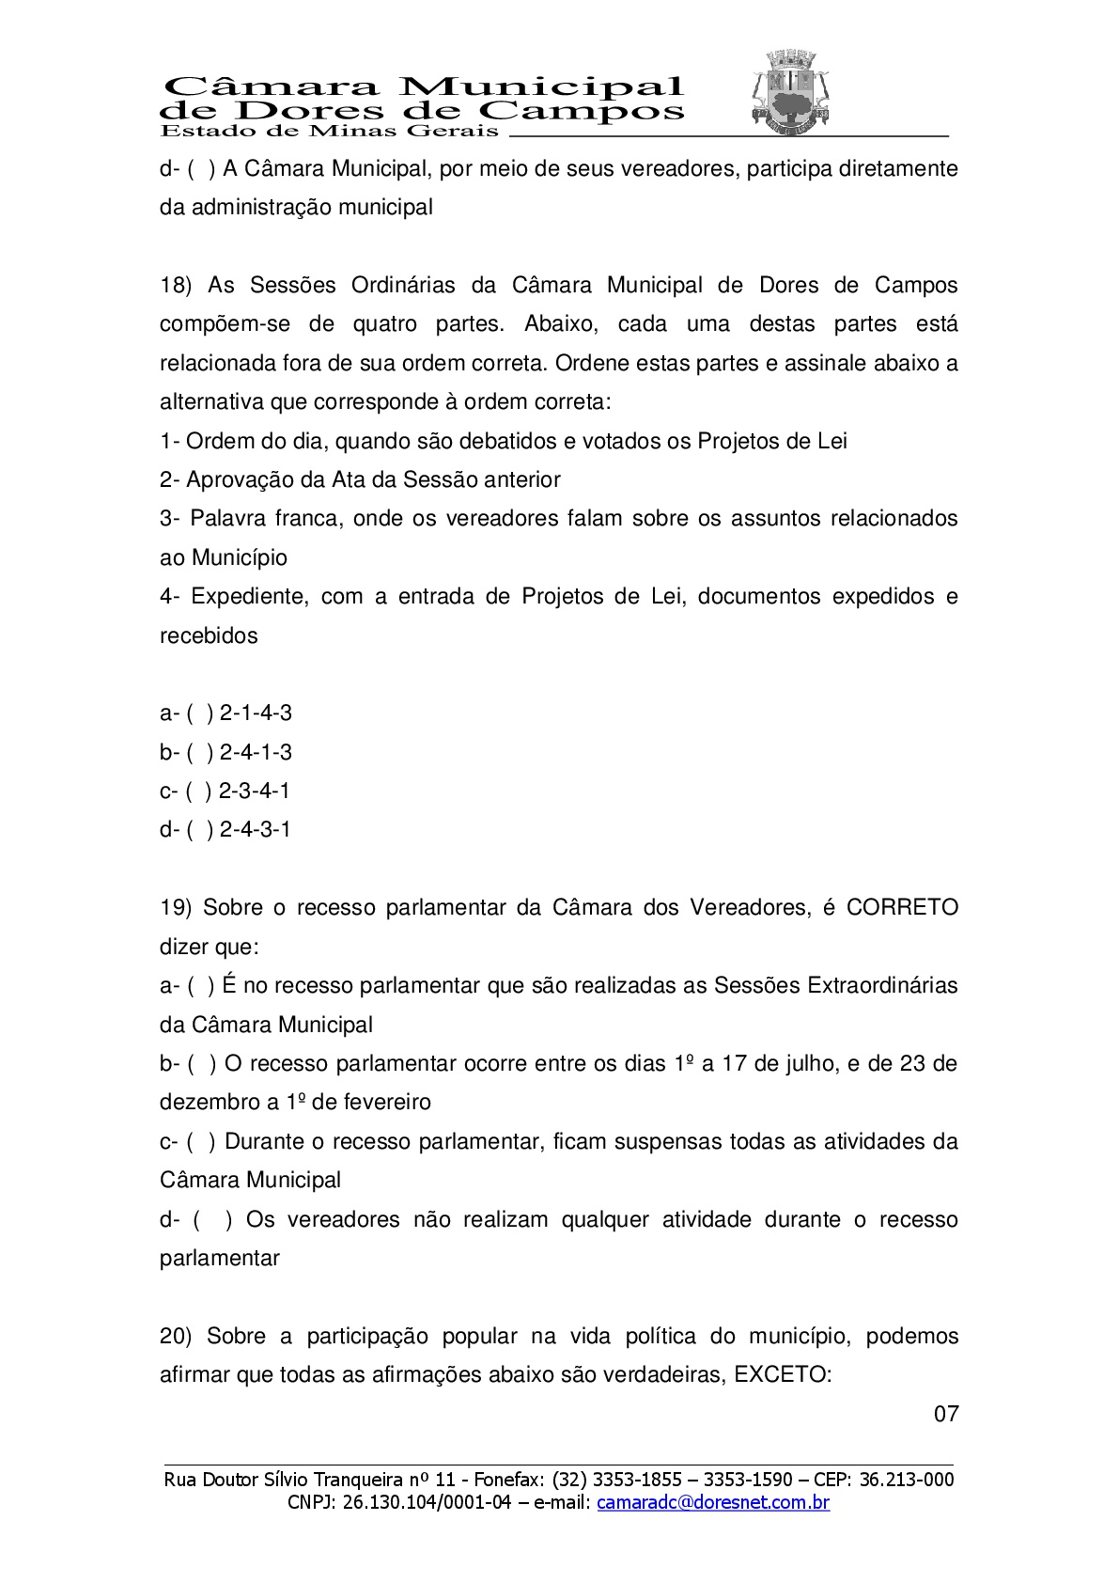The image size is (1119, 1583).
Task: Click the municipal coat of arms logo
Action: [789, 91]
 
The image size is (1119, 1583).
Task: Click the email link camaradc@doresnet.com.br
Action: [713, 1502]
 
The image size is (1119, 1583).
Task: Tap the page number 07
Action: [946, 1414]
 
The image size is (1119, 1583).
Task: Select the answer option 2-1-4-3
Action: [256, 713]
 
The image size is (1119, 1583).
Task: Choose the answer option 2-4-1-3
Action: [256, 752]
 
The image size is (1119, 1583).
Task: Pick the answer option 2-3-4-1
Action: [255, 791]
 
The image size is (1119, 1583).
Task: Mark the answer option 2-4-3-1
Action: [255, 829]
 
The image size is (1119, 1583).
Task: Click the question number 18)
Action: [176, 286]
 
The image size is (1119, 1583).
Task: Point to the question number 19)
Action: [176, 908]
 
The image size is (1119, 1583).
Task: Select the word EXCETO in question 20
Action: [783, 1375]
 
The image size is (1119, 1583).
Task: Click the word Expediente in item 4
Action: [249, 597]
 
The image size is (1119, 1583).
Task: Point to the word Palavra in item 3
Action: [226, 519]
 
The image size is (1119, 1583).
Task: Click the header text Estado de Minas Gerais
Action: [329, 131]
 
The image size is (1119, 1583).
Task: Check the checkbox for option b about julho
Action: [201, 1064]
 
